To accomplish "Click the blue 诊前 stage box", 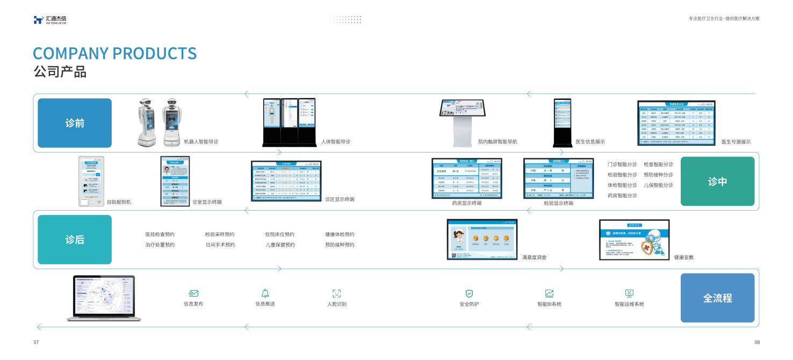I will point(75,123).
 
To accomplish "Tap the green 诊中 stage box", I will point(717,182).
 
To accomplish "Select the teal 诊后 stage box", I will point(75,240).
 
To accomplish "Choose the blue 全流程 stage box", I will point(717,298).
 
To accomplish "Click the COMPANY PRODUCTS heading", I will point(114,54).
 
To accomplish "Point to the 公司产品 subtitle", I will point(60,72).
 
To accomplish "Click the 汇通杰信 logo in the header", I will point(49,20).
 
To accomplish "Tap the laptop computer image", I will point(104,299).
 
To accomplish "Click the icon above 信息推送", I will point(265,293).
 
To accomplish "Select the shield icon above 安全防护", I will point(469,293).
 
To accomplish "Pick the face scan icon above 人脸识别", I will point(337,293).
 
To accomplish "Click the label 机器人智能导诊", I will point(201,142).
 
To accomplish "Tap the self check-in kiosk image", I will point(91,182).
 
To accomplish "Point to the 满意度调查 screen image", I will point(482,240).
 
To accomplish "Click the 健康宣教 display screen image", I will point(634,240).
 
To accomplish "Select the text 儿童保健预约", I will point(280,245).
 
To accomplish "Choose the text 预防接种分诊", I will point(658,175).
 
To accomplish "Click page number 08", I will point(757,342).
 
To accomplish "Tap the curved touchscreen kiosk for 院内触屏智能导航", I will point(463,122).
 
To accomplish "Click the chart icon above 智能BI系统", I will point(549,293).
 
